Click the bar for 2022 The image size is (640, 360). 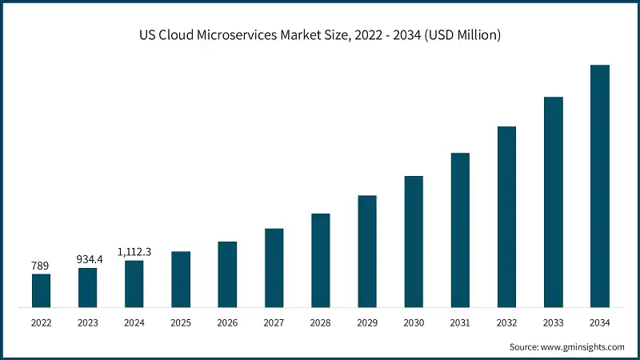[41, 290]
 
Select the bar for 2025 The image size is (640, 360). [181, 279]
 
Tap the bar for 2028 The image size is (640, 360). [321, 260]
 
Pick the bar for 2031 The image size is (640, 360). [460, 230]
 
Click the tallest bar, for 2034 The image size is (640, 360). [600, 186]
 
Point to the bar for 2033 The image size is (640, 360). [554, 202]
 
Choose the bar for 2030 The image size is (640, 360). [414, 241]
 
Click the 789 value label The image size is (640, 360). [41, 265]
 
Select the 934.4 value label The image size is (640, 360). [87, 258]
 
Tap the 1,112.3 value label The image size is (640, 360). [134, 251]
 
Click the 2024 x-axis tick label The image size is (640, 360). [134, 322]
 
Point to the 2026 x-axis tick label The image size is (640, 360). [227, 322]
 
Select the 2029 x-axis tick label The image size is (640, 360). [367, 322]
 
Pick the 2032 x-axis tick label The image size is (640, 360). [506, 322]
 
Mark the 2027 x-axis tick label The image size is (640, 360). [274, 322]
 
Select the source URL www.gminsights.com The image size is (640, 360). [584, 347]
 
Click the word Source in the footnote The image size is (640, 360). [525, 347]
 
